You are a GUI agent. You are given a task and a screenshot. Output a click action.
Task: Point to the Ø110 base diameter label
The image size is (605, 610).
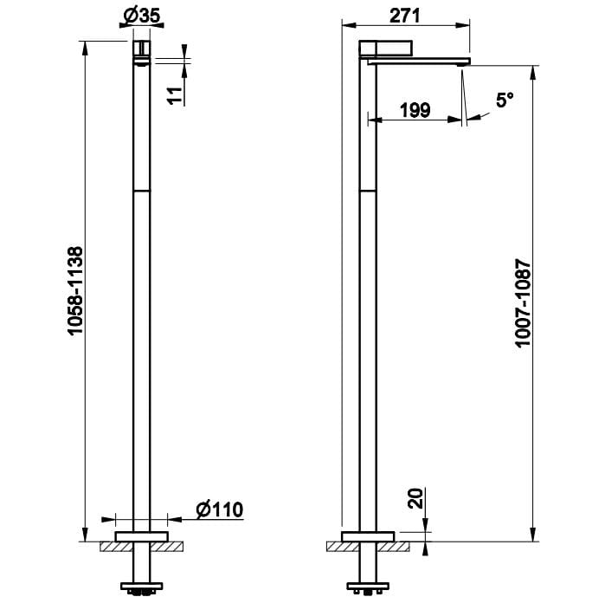[219, 509]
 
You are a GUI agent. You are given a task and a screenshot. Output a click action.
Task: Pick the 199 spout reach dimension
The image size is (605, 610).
[415, 109]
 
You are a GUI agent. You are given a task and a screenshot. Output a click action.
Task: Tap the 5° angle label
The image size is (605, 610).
[505, 101]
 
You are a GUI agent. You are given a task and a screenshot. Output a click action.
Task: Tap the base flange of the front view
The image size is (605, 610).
[141, 535]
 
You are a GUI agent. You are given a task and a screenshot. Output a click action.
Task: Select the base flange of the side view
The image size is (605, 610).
[367, 535]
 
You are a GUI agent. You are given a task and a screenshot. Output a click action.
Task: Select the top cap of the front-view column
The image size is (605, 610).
[141, 47]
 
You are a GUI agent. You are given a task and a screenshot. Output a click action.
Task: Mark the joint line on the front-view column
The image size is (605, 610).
[141, 189]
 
